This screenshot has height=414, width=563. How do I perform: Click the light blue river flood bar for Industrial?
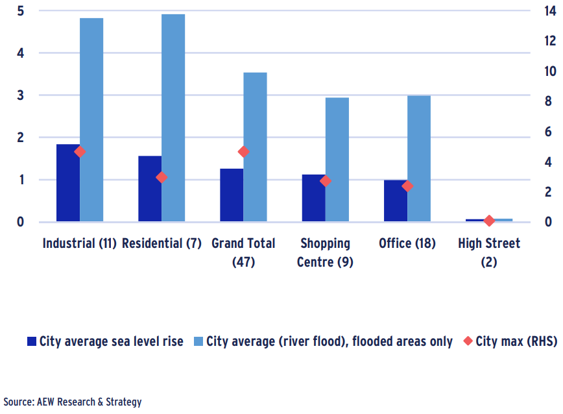91,120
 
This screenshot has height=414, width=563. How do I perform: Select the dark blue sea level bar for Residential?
150,189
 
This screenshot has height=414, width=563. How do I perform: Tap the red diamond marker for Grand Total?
244,152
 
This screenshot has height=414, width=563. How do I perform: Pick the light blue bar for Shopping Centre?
337,160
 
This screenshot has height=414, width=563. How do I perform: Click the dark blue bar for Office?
396,201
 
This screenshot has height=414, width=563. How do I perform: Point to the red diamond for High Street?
490,221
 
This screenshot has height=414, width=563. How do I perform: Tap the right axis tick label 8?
548,101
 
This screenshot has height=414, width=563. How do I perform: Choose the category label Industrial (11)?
79,243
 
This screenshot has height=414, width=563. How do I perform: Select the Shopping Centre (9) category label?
325,252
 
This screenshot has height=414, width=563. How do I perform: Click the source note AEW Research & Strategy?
72,402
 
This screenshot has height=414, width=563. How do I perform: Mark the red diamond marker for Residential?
162,177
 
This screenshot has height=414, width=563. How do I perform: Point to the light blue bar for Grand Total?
256,147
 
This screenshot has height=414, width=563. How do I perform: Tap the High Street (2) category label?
488,252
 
